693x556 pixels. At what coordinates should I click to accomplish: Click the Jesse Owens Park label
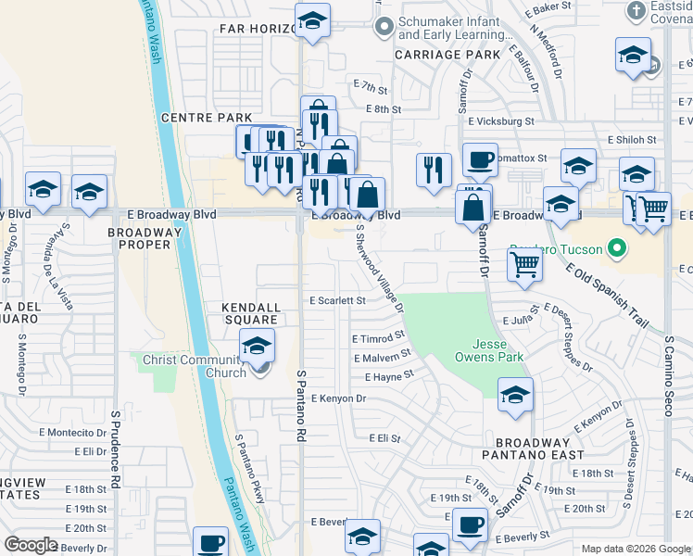click(x=489, y=349)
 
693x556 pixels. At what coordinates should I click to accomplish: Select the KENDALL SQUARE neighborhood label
click(x=250, y=313)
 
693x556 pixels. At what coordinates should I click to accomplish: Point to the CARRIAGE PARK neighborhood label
click(x=447, y=55)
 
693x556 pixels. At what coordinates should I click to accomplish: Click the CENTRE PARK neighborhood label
click(x=207, y=118)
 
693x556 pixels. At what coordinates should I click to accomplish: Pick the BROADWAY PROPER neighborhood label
click(x=139, y=238)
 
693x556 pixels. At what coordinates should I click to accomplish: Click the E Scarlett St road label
click(x=338, y=301)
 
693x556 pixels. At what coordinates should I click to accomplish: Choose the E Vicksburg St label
click(x=501, y=121)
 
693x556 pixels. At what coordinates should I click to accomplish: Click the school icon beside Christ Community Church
click(x=258, y=347)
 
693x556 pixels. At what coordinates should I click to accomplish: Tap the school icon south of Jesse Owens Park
click(x=515, y=396)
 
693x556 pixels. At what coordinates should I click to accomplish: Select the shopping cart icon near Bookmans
click(x=524, y=265)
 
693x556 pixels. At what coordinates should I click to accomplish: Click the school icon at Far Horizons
click(x=313, y=21)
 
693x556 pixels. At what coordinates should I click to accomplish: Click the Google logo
click(x=31, y=545)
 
